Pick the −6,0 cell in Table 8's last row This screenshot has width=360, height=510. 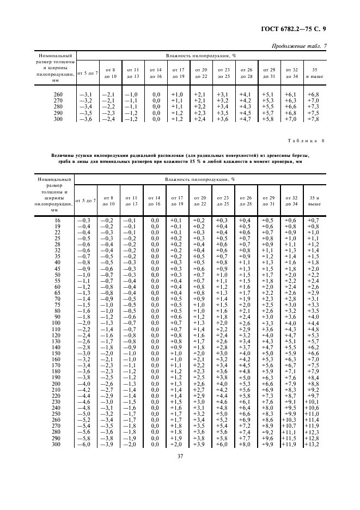pos(84,445)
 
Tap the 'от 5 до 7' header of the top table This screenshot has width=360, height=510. pos(88,72)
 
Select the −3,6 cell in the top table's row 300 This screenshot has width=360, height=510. pos(87,119)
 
